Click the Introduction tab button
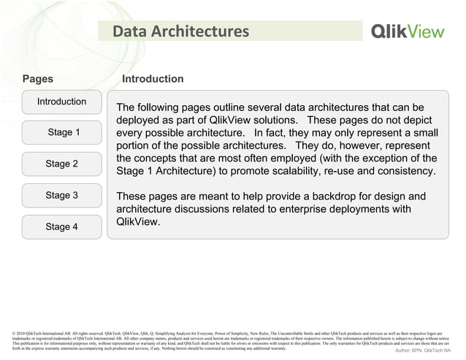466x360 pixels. point(61,102)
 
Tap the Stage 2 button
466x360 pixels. point(61,164)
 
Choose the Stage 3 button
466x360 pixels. point(61,196)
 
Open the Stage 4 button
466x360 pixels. point(61,227)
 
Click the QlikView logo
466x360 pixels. point(411,31)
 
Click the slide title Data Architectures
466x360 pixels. point(180,31)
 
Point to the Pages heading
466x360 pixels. point(38,79)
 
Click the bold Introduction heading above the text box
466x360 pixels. point(153,79)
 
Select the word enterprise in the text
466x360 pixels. point(311,210)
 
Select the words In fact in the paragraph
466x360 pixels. point(275,134)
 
